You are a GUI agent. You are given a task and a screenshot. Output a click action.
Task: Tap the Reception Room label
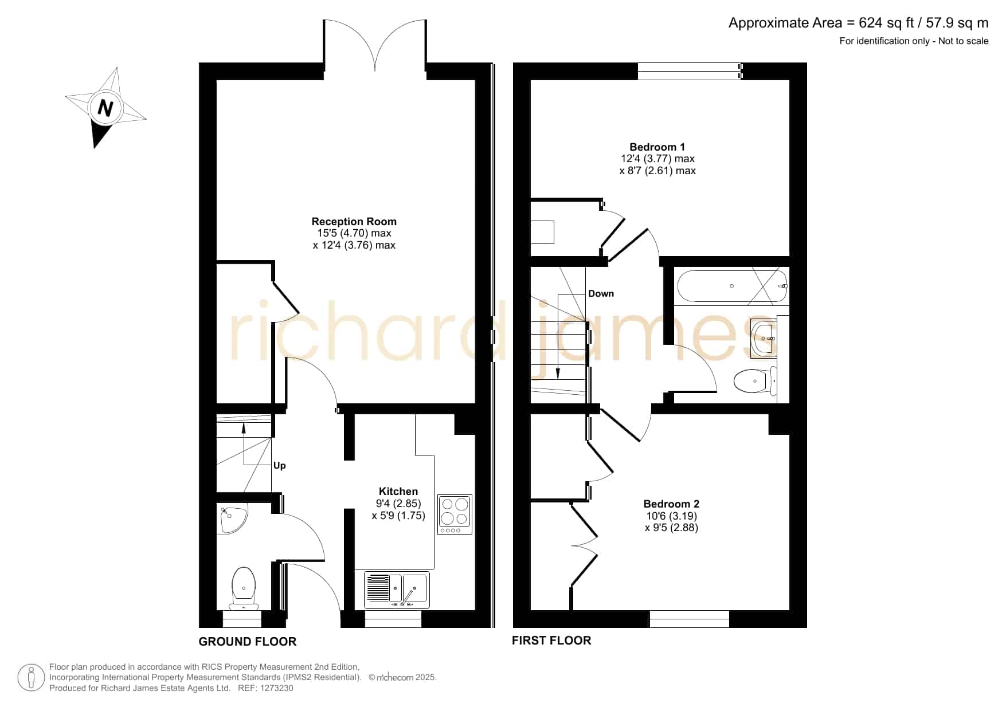click(354, 221)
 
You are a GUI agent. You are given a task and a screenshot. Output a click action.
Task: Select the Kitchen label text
click(398, 491)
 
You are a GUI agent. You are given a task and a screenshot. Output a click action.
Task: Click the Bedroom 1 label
click(657, 147)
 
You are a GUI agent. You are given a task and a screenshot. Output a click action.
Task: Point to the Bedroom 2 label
click(671, 504)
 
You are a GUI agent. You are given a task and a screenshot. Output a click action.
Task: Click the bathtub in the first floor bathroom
click(732, 286)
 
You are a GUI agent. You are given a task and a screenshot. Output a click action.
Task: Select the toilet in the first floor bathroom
click(755, 381)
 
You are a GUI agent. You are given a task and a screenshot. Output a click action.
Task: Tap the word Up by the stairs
click(279, 465)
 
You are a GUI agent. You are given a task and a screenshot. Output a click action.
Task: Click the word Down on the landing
click(601, 293)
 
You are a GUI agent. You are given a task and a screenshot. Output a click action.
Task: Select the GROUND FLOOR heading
click(248, 642)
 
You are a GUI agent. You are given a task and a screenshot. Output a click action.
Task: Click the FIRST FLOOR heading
click(551, 641)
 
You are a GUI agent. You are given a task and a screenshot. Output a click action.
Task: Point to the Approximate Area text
click(858, 23)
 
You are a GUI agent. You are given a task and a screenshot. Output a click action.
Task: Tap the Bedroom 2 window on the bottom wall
click(689, 619)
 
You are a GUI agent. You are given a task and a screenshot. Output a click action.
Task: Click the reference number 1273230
click(276, 688)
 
